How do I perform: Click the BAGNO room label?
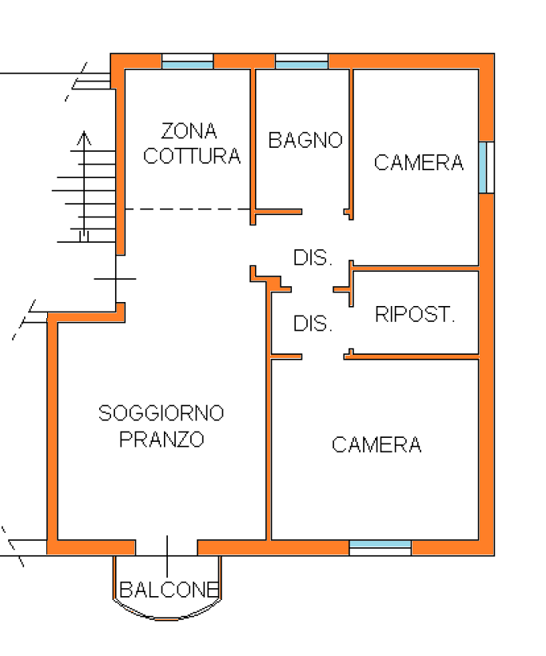coord(305,140)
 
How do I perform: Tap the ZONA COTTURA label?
coord(192,144)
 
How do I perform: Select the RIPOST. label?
coord(415,314)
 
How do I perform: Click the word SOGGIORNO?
coord(161,413)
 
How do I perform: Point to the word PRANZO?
coord(161,439)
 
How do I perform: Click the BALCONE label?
coord(169,590)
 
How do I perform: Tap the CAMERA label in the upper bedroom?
coord(419,163)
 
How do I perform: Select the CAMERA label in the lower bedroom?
coord(377,445)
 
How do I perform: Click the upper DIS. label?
coord(313,258)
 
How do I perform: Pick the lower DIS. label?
coord(313,324)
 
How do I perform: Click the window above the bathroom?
coord(301,61)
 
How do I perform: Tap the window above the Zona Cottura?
coord(188,61)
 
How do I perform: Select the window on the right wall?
coord(487,167)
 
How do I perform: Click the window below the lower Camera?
coord(381,547)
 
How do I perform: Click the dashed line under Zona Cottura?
coord(188,209)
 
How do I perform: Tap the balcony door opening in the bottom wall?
coord(166,547)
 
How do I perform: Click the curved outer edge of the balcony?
coord(167,618)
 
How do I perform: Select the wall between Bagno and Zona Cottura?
coord(253,146)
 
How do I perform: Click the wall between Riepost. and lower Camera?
coord(412,356)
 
